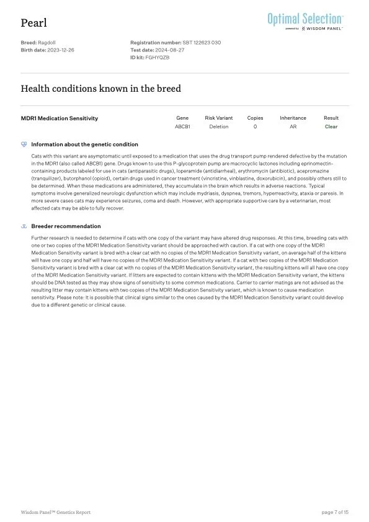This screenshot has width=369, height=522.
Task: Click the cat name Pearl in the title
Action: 33,23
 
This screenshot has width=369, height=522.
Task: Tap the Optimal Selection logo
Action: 305,20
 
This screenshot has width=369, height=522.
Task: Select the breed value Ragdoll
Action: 47,42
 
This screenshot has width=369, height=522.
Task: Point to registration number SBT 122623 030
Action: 202,42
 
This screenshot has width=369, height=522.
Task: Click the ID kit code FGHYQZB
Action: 158,57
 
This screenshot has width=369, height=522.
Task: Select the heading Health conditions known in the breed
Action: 101,89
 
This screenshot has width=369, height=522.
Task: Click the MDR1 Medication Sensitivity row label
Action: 60,118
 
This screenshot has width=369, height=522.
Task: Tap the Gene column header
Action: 182,118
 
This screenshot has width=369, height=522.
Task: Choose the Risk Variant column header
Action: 219,118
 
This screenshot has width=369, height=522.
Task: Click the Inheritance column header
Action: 293,118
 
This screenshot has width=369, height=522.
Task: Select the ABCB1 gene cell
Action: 182,126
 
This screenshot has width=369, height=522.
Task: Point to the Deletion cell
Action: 219,126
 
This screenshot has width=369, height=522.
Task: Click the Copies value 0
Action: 255,126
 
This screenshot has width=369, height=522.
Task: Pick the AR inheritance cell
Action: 293,126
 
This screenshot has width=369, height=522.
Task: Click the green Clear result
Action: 331,126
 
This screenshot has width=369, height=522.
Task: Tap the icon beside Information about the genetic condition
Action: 24,144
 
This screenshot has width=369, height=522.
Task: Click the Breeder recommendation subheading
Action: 66,226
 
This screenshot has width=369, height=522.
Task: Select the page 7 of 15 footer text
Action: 335,512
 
